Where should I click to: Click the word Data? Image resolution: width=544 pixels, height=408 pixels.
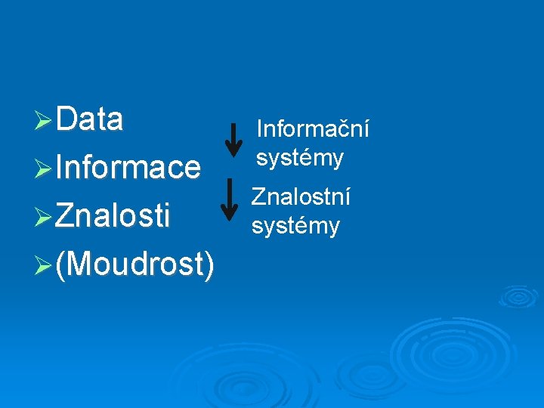point(89,119)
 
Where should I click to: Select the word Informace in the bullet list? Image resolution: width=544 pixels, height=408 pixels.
point(128,168)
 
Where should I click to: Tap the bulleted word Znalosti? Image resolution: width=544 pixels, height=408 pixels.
point(113,215)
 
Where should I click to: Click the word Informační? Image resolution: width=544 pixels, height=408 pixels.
point(313,130)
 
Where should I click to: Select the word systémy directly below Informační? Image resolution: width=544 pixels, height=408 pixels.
point(299,158)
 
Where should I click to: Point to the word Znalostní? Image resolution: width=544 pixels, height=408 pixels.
point(301,197)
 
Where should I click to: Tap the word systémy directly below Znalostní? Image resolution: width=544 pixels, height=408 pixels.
point(295,225)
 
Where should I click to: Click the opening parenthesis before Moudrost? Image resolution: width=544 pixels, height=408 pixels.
point(60,264)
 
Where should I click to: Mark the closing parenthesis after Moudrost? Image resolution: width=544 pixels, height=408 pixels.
point(208,264)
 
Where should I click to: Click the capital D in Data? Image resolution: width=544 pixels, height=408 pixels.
point(65,119)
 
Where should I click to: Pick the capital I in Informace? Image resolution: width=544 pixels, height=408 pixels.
point(58,168)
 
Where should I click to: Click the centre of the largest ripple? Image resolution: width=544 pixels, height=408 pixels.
point(434,352)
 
